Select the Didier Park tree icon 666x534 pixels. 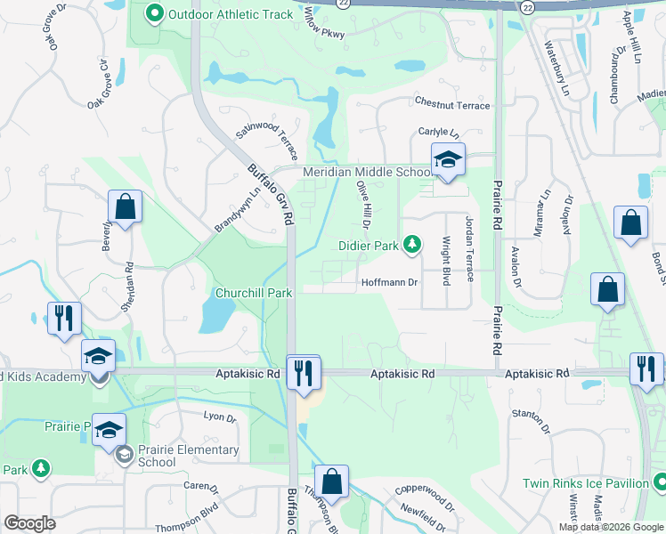click(x=411, y=243)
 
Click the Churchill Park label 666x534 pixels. click(x=254, y=292)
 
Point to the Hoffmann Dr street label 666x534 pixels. click(x=389, y=283)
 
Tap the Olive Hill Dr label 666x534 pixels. click(x=364, y=203)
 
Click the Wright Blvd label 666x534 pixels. click(x=447, y=261)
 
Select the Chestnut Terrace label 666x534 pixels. click(x=451, y=106)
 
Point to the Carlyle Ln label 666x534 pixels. click(x=438, y=132)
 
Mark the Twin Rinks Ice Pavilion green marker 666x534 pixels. click(x=660, y=483)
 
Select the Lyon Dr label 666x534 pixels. click(x=220, y=417)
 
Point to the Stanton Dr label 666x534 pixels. click(x=532, y=414)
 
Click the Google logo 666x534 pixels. click(x=30, y=523)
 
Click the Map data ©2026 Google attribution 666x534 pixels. click(x=611, y=527)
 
